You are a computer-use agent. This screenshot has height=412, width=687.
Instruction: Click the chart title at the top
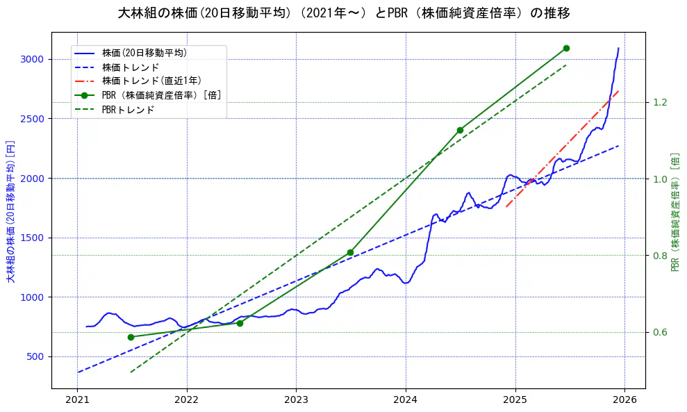pos(343,13)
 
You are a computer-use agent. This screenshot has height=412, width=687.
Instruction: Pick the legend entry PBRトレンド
pos(128,110)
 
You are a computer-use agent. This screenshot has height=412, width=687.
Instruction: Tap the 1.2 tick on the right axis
pos(659,103)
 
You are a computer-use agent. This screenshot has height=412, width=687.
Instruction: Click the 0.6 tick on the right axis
pos(659,332)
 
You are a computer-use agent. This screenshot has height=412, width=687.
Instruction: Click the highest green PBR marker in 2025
pos(566,48)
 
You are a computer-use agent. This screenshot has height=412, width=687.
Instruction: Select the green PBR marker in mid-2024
pos(460,130)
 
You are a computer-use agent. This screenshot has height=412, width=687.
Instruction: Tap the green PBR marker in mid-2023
pos(350,252)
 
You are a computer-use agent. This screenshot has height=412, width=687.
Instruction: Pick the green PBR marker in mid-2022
pos(240,323)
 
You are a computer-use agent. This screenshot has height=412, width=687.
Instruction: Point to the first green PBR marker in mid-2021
pos(131,337)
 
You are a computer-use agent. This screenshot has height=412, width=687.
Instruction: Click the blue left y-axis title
pos(10,208)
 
